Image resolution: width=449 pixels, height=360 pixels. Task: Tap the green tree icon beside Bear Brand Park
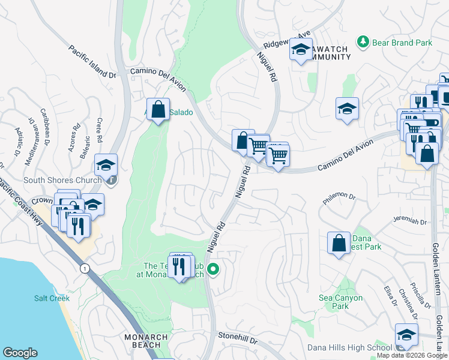tap(363, 41)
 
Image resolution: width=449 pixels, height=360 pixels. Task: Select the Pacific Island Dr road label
tap(92, 62)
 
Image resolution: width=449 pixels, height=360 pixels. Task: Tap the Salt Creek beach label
tap(52, 298)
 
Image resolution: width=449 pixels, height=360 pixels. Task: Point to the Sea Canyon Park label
tap(340, 302)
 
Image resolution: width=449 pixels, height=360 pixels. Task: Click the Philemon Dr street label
tap(339, 199)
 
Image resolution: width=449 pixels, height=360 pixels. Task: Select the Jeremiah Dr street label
tap(409, 221)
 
